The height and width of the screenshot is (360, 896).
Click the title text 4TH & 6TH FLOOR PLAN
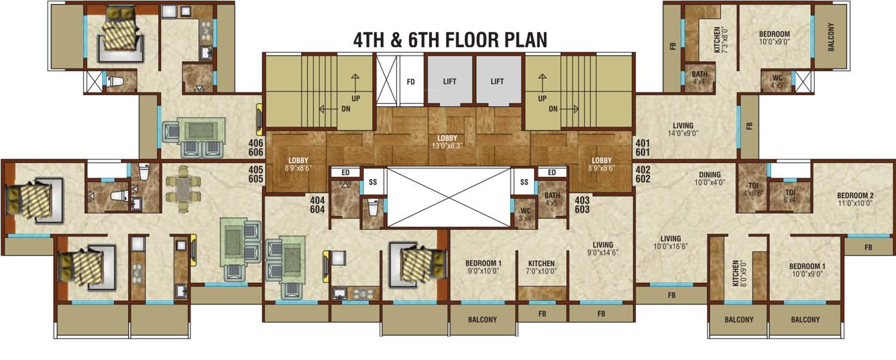pyautogui.click(x=450, y=40)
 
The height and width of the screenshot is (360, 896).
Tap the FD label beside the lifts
pyautogui.click(x=411, y=82)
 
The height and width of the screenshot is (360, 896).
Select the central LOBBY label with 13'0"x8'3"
pyautogui.click(x=448, y=141)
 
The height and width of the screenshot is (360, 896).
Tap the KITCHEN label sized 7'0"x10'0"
pyautogui.click(x=541, y=267)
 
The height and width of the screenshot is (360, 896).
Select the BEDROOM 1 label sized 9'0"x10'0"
pyautogui.click(x=483, y=267)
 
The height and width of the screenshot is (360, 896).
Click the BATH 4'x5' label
pyautogui.click(x=552, y=199)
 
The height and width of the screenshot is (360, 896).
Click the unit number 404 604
pyautogui.click(x=317, y=204)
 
